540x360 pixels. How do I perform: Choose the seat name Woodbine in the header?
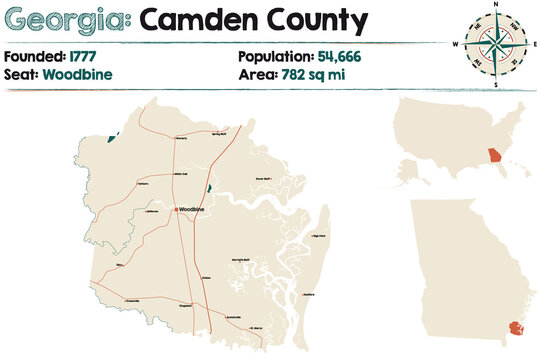click(x=77, y=75)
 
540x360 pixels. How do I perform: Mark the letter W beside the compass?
click(x=455, y=46)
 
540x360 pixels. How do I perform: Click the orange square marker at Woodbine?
click(x=176, y=209)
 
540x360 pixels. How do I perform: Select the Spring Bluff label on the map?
click(x=220, y=132)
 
